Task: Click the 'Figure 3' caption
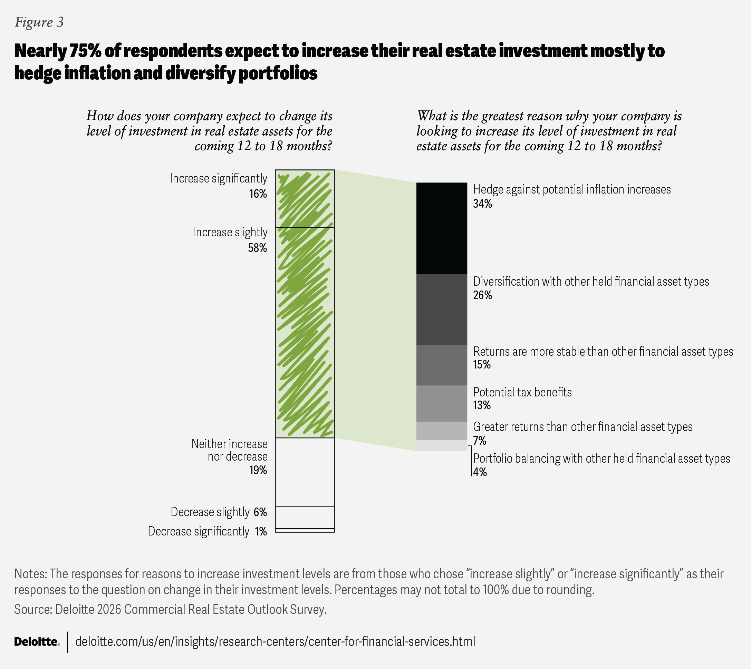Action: click(39, 22)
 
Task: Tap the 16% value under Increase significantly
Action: click(258, 194)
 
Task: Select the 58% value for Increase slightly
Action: click(257, 248)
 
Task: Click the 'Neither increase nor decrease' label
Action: click(230, 450)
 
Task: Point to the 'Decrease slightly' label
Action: click(210, 512)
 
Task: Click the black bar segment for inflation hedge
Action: click(441, 228)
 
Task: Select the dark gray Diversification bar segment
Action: click(441, 309)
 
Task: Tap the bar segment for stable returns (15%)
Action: click(441, 365)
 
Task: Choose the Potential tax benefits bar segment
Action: click(441, 403)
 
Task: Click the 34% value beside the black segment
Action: click(482, 204)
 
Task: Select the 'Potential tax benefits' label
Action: click(522, 392)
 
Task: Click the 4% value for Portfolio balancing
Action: click(480, 472)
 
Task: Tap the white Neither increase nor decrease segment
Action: click(305, 472)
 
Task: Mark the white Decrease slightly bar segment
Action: click(305, 517)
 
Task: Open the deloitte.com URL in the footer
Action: click(275, 641)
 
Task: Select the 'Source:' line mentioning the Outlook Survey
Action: click(170, 609)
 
